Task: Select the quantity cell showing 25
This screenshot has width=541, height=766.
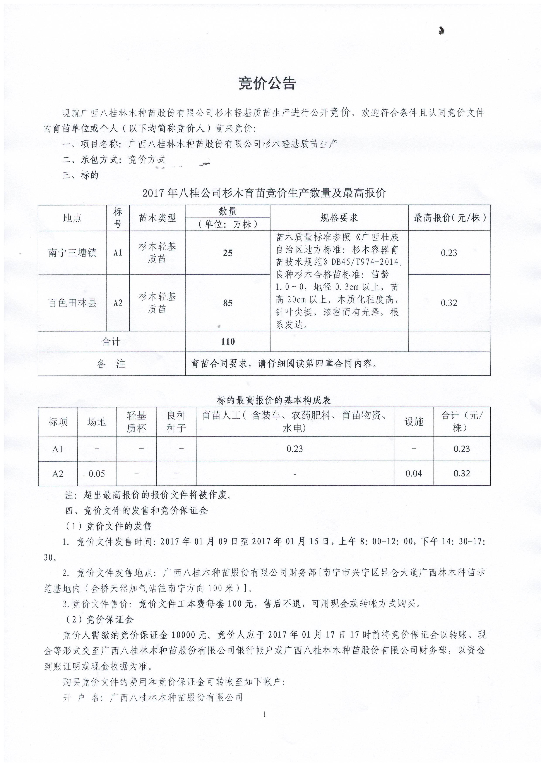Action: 228,253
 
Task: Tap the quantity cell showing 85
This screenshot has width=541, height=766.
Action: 228,303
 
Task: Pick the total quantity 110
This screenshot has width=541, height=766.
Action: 228,342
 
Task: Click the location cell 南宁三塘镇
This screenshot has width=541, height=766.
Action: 72,253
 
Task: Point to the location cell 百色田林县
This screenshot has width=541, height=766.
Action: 72,303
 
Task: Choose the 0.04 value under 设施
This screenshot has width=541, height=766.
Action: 414,473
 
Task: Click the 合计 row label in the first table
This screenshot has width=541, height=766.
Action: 111,342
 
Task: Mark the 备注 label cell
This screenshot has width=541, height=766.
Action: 111,364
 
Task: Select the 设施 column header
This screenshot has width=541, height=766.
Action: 414,422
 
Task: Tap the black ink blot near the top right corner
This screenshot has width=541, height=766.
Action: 442,31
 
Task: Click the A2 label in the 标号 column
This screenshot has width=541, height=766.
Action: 118,303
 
